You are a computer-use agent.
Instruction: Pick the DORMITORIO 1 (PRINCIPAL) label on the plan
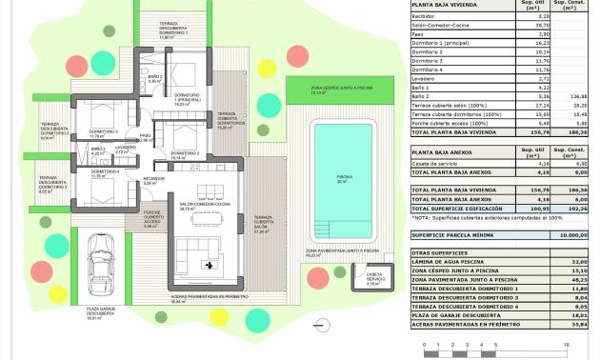point(189,97)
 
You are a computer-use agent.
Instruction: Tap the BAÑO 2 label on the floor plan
point(155,78)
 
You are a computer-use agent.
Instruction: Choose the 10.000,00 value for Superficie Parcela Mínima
point(572,233)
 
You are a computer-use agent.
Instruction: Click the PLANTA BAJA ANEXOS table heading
point(450,151)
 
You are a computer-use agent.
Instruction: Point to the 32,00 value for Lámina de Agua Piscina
point(574,261)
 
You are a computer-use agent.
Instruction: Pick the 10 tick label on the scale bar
point(568,344)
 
